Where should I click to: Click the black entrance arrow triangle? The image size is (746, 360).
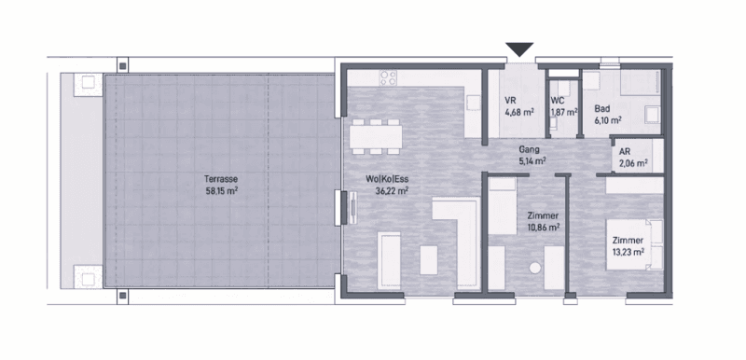[519, 49]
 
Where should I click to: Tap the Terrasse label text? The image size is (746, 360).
[221, 179]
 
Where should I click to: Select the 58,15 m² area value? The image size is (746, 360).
[221, 191]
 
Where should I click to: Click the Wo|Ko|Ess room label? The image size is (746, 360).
[387, 179]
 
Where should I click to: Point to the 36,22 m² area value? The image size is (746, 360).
[392, 191]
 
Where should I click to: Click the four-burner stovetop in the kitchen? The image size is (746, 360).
[388, 77]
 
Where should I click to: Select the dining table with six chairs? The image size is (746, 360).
[376, 136]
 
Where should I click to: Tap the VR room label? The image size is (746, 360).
[510, 101]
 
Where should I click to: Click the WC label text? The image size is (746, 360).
[557, 101]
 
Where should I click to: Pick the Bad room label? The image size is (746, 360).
[601, 109]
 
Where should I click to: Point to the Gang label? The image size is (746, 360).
[529, 150]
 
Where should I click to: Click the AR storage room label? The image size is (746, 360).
[625, 152]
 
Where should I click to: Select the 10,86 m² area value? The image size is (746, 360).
[543, 228]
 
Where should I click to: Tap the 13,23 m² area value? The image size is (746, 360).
[628, 252]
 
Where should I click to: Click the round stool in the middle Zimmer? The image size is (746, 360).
[535, 268]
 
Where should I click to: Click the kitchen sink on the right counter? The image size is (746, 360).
[474, 103]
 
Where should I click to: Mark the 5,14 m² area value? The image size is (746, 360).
[532, 161]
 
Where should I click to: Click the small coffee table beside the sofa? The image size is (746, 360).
[429, 260]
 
